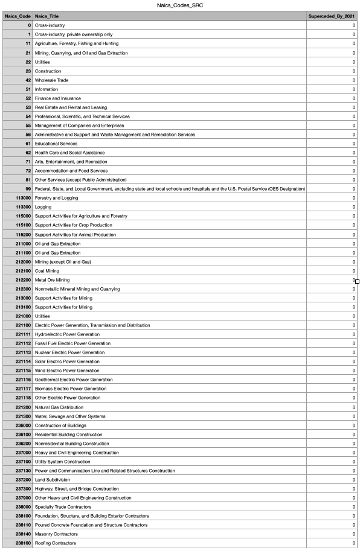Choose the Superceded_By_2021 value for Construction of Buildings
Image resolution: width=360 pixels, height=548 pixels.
(353, 425)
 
